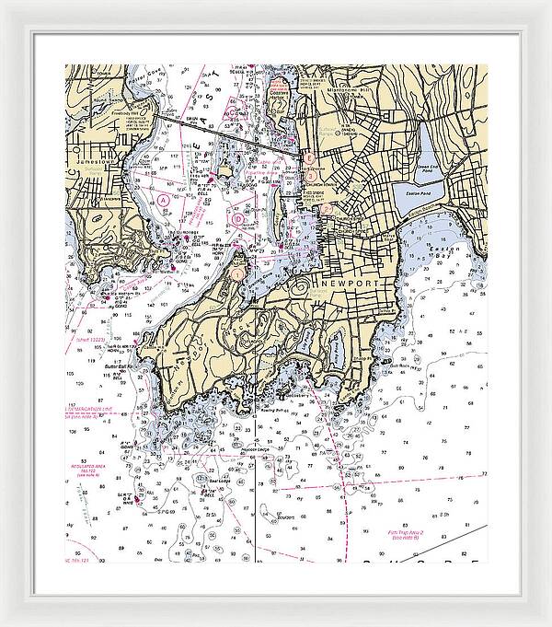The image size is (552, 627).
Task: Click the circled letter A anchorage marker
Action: pos(163,199)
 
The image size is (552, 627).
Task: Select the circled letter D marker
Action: pos(237,219)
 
